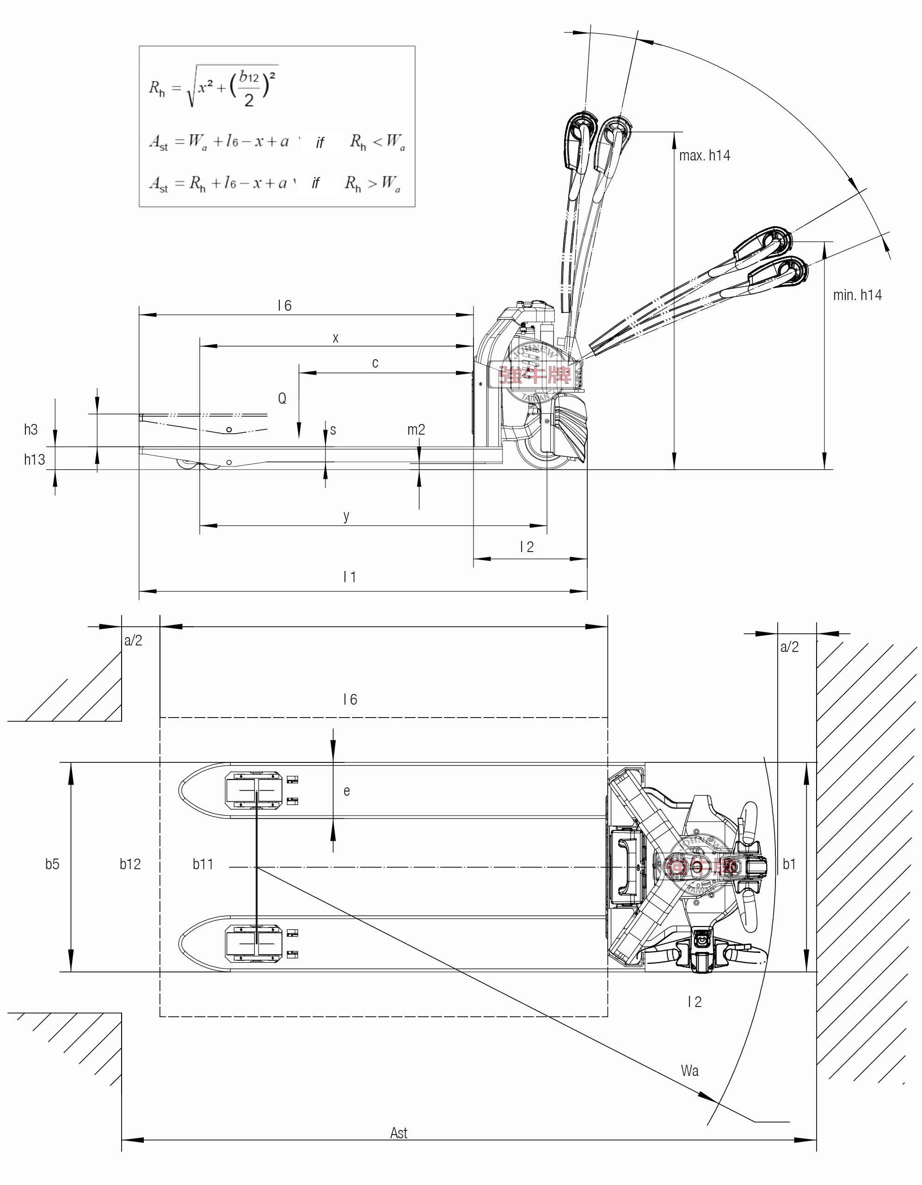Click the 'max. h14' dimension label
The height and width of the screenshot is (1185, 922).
click(704, 156)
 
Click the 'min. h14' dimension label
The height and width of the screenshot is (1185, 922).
click(857, 295)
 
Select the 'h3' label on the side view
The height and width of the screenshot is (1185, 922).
click(31, 430)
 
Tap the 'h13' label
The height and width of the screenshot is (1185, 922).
click(34, 460)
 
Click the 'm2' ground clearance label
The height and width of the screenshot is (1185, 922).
click(416, 430)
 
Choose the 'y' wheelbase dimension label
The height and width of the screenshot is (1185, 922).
click(346, 516)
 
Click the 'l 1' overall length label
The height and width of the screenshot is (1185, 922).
click(350, 577)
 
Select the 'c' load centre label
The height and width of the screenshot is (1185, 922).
click(375, 363)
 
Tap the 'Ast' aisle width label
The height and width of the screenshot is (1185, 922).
click(399, 1133)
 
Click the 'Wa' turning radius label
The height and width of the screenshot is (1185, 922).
click(690, 1070)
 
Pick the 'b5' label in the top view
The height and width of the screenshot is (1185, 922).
click(52, 864)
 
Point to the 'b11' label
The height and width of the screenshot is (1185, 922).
click(203, 864)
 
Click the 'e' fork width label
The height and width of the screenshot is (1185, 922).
click(347, 791)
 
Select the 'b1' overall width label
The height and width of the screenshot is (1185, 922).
click(789, 864)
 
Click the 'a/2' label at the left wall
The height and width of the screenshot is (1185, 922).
click(133, 640)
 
